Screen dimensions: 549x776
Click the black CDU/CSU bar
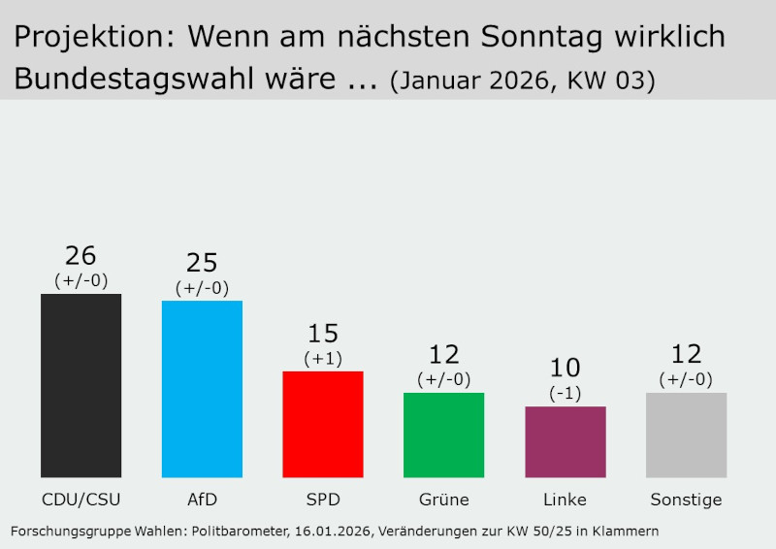(x=81, y=385)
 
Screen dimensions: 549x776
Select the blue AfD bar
(x=202, y=389)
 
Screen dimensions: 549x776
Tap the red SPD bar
(x=323, y=424)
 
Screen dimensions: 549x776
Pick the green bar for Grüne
(x=443, y=435)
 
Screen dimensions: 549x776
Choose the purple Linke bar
(x=566, y=441)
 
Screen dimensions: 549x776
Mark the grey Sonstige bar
(x=686, y=435)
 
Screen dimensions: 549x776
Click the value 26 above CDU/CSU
(x=81, y=256)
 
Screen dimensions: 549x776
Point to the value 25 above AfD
(x=202, y=263)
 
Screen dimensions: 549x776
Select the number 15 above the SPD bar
(x=323, y=334)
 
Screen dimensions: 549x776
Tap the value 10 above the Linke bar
(x=566, y=369)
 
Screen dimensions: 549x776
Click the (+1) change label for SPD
(x=323, y=358)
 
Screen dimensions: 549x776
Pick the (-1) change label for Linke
(x=566, y=393)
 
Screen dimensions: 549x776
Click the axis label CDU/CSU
(x=81, y=501)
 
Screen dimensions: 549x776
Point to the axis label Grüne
(x=443, y=501)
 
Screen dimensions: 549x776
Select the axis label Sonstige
(x=686, y=501)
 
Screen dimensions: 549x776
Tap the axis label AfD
(x=202, y=501)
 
